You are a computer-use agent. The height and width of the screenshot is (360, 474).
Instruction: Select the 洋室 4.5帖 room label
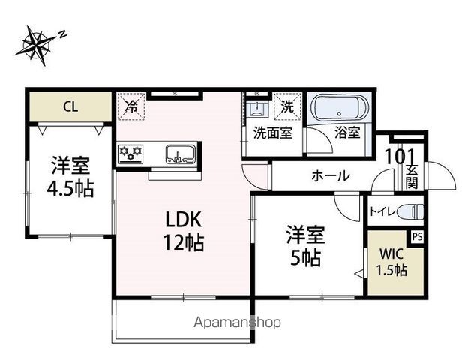[73, 176]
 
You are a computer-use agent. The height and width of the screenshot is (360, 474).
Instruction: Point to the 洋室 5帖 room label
[305, 246]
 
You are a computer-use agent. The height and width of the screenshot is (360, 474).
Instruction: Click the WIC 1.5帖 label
[391, 262]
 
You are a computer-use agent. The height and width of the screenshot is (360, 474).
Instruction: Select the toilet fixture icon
[409, 211]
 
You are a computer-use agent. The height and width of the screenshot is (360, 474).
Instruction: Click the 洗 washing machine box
[286, 106]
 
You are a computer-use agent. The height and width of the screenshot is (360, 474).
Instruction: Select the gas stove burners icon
[131, 154]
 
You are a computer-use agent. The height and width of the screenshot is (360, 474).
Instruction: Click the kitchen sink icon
[180, 154]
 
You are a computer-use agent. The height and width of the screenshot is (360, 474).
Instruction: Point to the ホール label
[330, 176]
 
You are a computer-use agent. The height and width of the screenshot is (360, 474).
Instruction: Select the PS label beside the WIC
[417, 236]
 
